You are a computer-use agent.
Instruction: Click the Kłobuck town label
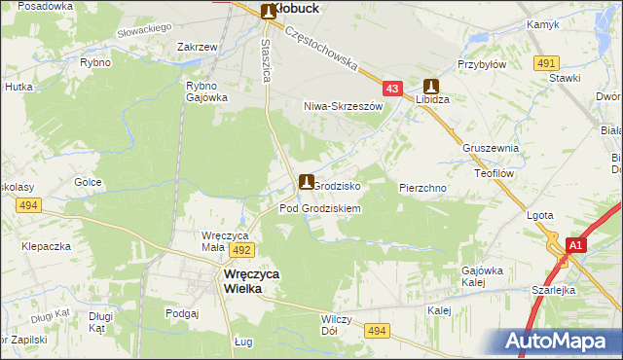click(299, 8)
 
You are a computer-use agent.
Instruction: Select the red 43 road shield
click(392, 89)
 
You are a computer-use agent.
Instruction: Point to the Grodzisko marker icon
click(307, 182)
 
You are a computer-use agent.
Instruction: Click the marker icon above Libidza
click(429, 87)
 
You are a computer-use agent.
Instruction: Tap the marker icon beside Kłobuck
click(269, 11)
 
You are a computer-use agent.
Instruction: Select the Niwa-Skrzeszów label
click(341, 105)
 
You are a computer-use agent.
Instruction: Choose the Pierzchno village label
click(422, 186)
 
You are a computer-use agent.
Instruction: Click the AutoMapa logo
click(557, 341)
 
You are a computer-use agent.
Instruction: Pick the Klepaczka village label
click(48, 246)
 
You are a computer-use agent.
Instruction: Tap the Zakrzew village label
click(197, 46)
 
